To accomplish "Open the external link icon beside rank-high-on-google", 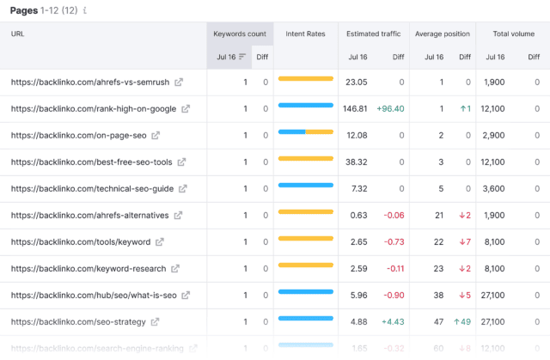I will (x=186, y=109).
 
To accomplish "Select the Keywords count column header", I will (x=241, y=34).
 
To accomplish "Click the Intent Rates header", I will (x=306, y=34).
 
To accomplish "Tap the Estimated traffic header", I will (x=374, y=34).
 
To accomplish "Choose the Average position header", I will (x=443, y=34).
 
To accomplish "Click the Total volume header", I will (x=514, y=34).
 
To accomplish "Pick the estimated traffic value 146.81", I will (x=355, y=109).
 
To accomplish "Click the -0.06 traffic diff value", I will (x=394, y=216).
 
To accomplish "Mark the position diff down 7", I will (x=464, y=242).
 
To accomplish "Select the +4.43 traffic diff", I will (x=392, y=322).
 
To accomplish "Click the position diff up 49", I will (x=461, y=322).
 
